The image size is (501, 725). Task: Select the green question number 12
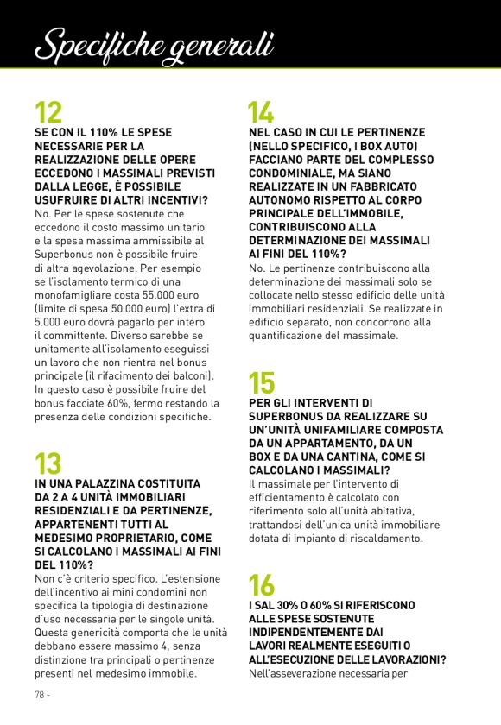(48, 113)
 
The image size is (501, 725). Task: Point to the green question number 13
(48, 463)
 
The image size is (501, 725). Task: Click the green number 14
(261, 113)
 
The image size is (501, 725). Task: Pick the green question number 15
(262, 382)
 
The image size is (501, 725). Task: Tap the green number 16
(262, 586)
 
